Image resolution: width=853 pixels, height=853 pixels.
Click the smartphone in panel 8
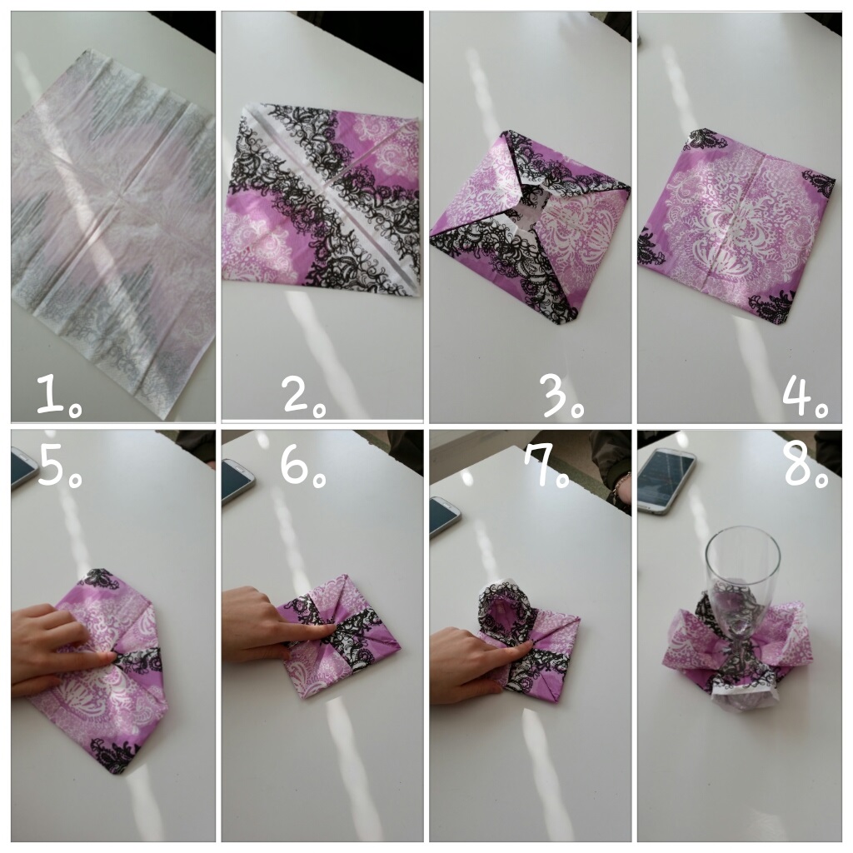point(667,480)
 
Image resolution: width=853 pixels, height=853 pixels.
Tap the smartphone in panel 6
point(237,482)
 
